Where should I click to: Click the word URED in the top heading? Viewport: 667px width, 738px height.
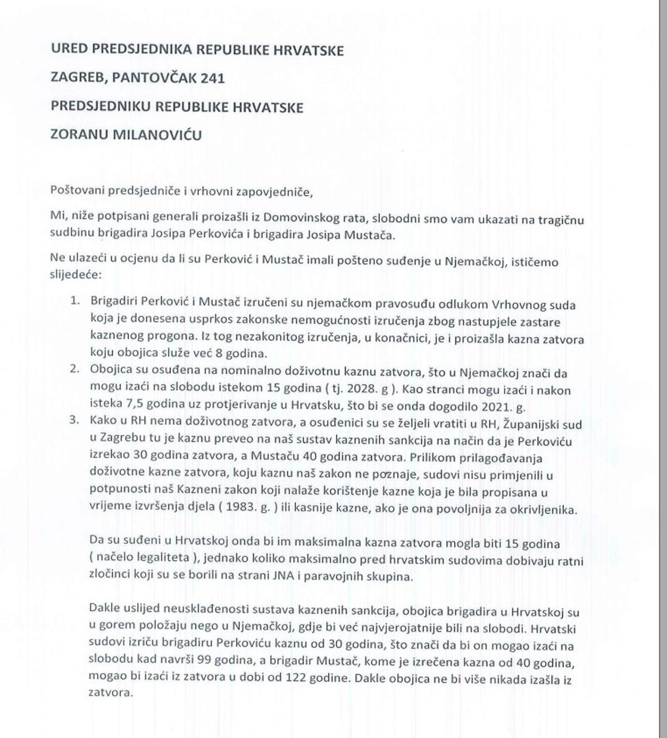click(x=68, y=51)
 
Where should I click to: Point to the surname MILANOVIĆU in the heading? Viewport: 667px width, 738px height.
click(x=158, y=135)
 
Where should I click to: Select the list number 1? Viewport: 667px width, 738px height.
click(x=77, y=301)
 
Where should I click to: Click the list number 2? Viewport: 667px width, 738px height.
click(x=77, y=369)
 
